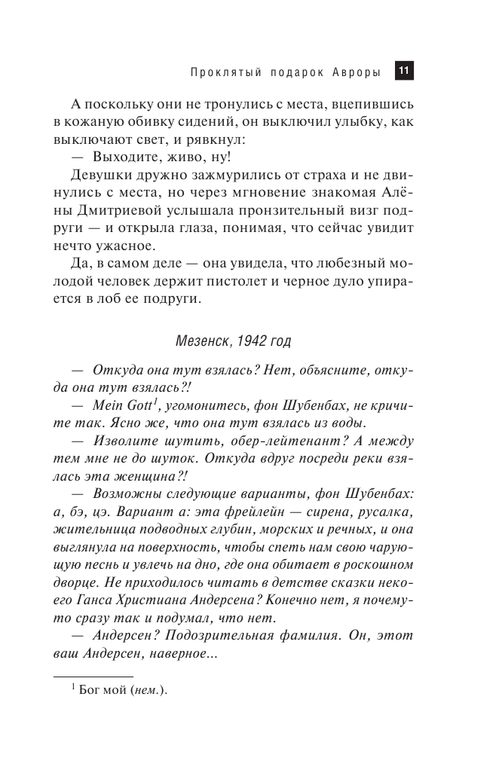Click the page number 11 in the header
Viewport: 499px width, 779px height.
coord(403,72)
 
